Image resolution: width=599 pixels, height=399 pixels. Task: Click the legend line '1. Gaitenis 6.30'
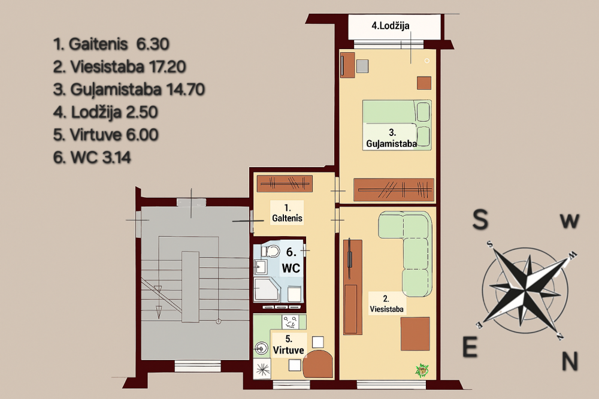click(x=111, y=44)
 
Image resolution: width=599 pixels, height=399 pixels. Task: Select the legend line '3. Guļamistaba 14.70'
click(x=129, y=89)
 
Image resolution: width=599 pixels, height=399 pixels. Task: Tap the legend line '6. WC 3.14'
click(x=92, y=158)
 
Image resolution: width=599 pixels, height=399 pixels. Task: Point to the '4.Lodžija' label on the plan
click(x=391, y=26)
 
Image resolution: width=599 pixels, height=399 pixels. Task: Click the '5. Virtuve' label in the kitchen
click(x=289, y=344)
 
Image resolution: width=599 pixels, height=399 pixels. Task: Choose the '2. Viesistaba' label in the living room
click(x=386, y=304)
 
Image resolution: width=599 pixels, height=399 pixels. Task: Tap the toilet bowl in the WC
click(x=271, y=251)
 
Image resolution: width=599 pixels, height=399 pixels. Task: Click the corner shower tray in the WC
click(x=267, y=290)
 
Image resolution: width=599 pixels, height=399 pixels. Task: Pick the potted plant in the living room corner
click(x=422, y=370)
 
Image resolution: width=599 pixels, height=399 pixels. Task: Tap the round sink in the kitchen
click(x=261, y=348)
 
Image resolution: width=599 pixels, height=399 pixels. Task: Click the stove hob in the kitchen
click(x=291, y=322)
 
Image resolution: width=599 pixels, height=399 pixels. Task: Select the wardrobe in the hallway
click(x=285, y=184)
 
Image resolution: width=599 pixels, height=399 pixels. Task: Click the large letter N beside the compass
click(x=570, y=361)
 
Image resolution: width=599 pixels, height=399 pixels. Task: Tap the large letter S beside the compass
click(x=480, y=219)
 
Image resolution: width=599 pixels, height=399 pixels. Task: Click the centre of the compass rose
click(x=527, y=288)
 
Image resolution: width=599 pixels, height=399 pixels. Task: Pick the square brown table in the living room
click(x=415, y=333)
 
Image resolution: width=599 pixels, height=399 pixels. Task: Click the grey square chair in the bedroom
click(x=362, y=66)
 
